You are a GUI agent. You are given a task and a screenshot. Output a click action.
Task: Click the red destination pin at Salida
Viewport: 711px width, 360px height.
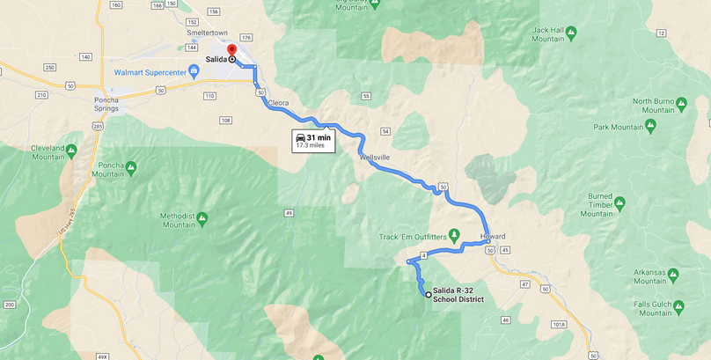(x=231, y=50)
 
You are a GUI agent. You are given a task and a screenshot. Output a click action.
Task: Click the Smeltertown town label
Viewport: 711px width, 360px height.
(x=208, y=33)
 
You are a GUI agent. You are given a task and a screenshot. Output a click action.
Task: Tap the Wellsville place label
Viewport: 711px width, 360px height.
(x=374, y=157)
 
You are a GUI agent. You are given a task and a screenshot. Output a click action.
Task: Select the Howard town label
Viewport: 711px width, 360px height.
(x=495, y=237)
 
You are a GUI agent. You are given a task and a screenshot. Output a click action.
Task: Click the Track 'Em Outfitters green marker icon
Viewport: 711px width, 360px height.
(x=454, y=234)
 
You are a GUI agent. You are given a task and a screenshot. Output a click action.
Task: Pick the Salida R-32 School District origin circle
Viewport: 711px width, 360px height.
(x=429, y=295)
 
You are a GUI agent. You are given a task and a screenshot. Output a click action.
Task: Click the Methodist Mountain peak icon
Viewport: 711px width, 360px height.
(x=202, y=217)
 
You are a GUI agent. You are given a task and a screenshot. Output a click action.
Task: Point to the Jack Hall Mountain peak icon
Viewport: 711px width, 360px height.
(x=570, y=33)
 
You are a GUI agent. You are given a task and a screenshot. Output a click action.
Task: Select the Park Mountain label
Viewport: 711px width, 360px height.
(x=619, y=127)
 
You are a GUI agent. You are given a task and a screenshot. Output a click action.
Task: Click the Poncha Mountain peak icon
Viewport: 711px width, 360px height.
(x=131, y=167)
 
